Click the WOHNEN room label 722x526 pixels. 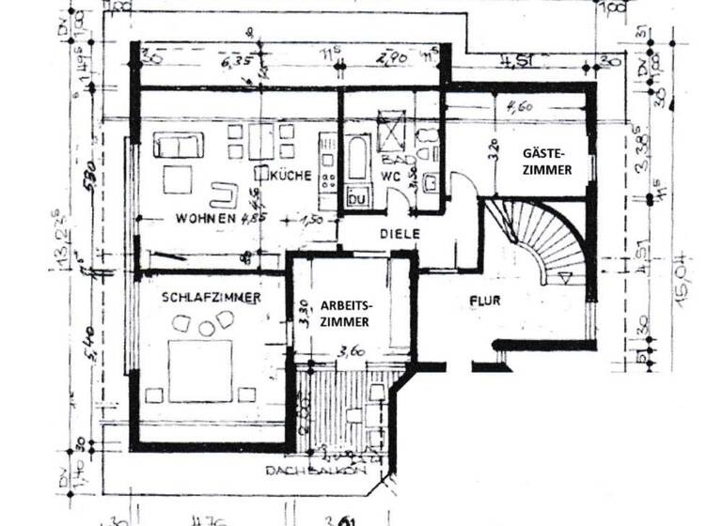(204, 218)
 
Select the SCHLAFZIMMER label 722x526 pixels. (210, 297)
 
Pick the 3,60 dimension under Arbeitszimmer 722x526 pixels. (350, 353)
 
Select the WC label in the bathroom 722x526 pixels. (392, 176)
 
